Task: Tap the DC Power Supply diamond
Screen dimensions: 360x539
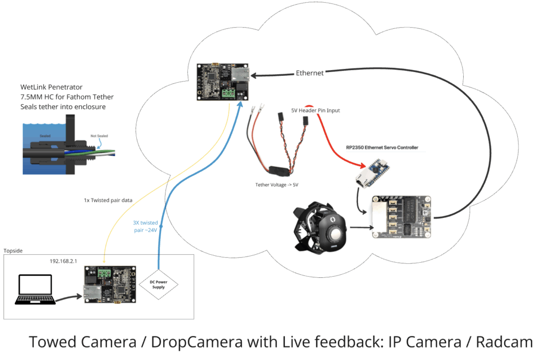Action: click(x=158, y=285)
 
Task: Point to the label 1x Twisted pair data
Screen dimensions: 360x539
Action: click(x=108, y=201)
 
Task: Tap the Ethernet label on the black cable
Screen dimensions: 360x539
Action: click(x=310, y=73)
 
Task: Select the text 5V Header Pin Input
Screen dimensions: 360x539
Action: click(x=315, y=111)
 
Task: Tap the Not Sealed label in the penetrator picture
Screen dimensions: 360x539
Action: click(x=98, y=136)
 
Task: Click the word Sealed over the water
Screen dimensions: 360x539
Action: click(x=45, y=135)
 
